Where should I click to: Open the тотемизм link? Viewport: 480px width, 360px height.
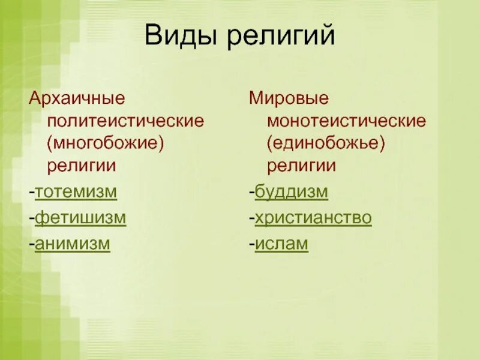pos(76,193)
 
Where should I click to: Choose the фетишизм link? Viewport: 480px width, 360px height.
pos(80,218)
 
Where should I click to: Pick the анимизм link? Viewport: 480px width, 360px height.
pos(73,244)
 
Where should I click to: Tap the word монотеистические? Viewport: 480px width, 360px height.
pos(346,121)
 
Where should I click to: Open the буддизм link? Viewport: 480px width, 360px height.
pos(291,193)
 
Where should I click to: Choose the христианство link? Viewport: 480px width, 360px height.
pos(313,218)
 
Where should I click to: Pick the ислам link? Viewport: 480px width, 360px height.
pos(281,244)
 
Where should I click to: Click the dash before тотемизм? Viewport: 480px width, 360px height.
pos(32,194)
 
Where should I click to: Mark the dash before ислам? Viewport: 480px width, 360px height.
pos(252,245)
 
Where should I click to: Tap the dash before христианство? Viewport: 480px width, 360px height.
pos(252,220)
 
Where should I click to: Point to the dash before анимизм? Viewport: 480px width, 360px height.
pos(32,245)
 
